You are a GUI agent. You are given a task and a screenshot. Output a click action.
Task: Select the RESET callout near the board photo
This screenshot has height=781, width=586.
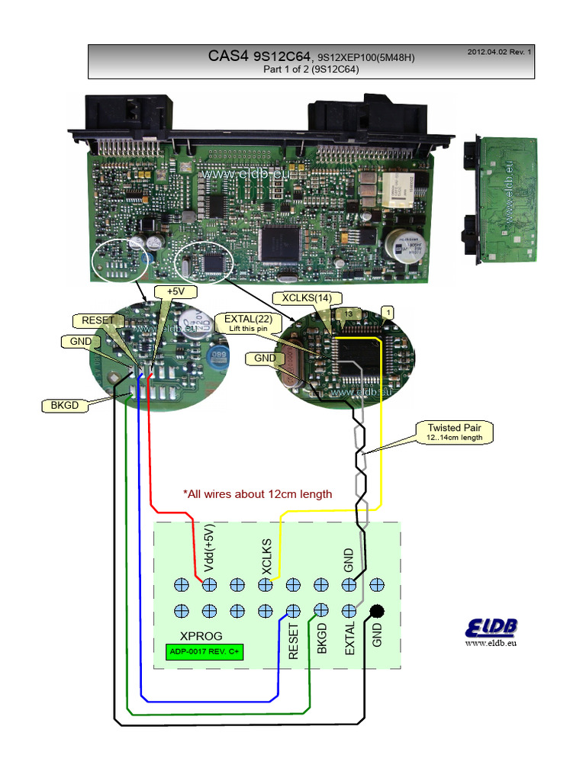point(98,320)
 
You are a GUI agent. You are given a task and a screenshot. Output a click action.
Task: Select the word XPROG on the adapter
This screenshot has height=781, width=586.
point(199,636)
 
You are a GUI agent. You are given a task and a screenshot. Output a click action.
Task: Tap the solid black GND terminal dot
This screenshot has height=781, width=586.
point(376,611)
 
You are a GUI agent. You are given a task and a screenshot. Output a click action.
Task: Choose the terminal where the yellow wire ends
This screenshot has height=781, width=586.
point(266,585)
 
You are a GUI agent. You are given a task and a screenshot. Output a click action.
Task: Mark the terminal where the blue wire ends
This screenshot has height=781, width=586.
point(293,611)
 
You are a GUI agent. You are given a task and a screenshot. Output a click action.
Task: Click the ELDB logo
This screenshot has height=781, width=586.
point(491,628)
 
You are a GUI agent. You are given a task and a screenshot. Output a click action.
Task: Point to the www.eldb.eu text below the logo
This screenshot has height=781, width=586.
point(491,644)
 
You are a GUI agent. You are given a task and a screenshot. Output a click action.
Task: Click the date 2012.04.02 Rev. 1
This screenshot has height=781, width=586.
point(499,52)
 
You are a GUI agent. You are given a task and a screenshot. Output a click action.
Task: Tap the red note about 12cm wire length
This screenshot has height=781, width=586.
point(258,494)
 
